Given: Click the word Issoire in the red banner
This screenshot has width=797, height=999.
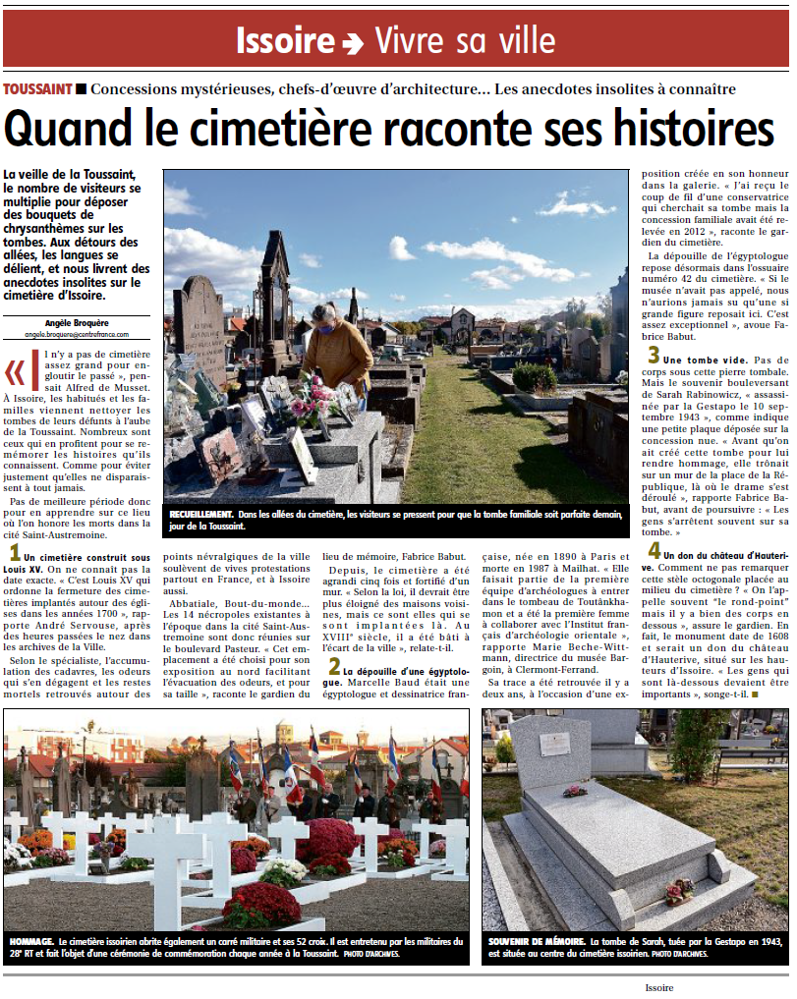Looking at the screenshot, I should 285,41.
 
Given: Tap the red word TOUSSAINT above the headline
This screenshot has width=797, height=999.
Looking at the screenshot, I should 38,89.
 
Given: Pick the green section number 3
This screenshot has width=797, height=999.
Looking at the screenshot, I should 652,357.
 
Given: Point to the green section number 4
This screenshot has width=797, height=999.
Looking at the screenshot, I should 653,549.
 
